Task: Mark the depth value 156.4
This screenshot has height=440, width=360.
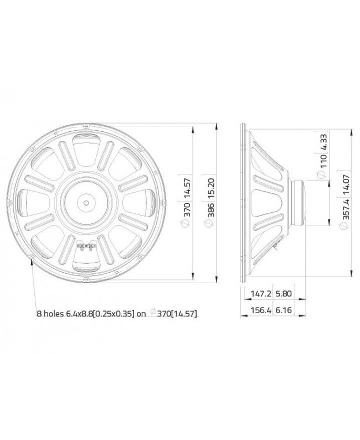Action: pos(255,311)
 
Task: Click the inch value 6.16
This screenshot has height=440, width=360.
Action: pos(280,311)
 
